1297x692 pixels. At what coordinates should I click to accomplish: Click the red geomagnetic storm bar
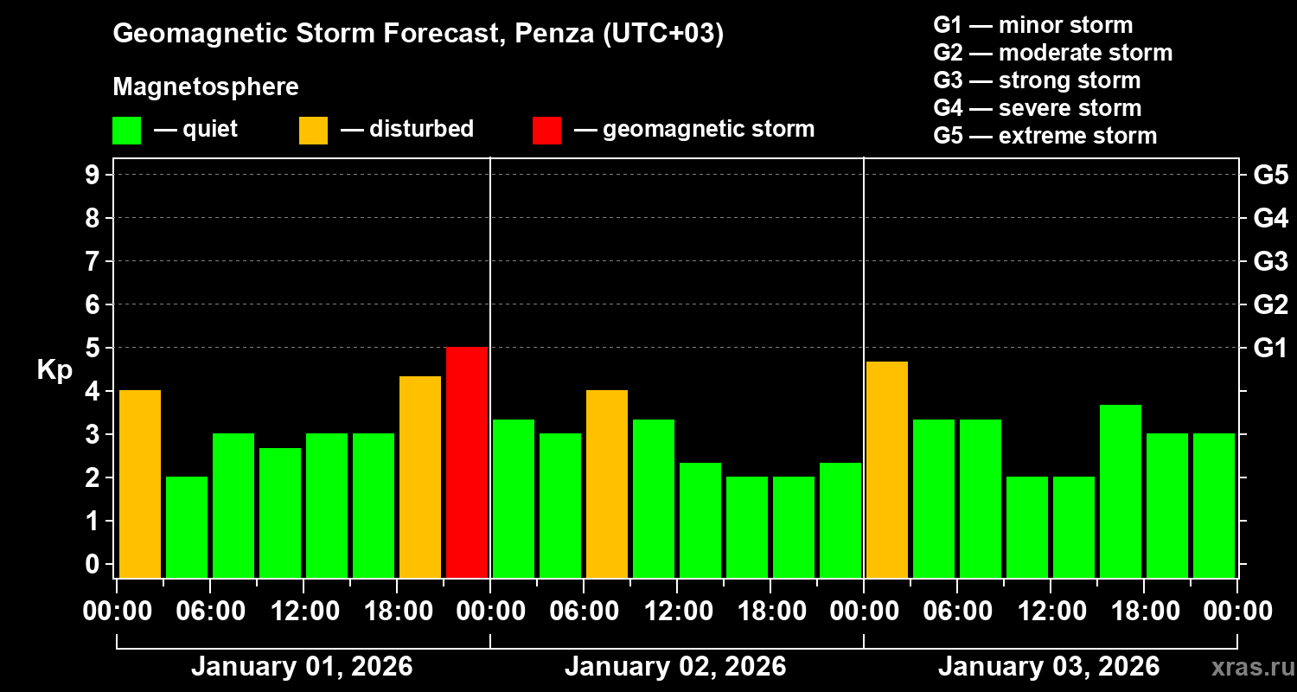[467, 462]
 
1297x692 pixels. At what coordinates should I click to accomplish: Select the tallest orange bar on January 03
[887, 469]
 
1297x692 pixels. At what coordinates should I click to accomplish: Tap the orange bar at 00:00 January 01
[140, 484]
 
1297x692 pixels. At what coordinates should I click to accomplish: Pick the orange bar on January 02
[607, 484]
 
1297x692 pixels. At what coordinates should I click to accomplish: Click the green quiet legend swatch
[126, 131]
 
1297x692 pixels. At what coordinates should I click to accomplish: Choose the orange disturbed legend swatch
[313, 131]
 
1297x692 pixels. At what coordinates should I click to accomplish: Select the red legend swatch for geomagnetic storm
[546, 131]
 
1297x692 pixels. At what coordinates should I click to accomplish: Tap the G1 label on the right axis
[1270, 349]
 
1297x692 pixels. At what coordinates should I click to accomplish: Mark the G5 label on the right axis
[1270, 176]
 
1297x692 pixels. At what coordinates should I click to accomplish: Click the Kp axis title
[54, 370]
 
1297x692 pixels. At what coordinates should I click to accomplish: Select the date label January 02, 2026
[675, 667]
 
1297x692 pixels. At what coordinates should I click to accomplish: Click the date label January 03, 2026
[1049, 667]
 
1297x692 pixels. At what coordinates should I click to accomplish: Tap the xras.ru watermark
[1246, 667]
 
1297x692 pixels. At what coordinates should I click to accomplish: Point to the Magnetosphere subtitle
[206, 87]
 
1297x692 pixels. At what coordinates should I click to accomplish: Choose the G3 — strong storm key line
[1037, 80]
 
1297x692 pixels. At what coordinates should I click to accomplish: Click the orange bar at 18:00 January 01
[420, 477]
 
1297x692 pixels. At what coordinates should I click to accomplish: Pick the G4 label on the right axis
[1270, 219]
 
